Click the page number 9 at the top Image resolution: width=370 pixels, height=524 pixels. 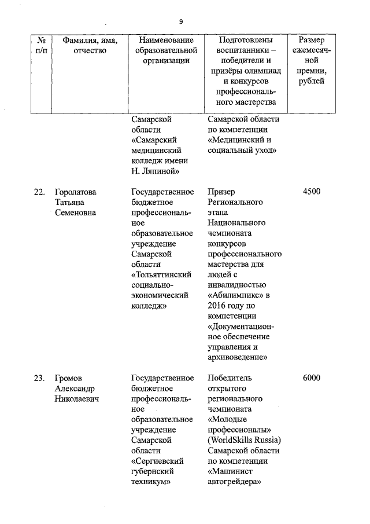[181, 21]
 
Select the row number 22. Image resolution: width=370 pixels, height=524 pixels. [39, 192]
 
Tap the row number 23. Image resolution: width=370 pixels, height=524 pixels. [39, 379]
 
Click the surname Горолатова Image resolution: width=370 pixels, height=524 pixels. [76, 192]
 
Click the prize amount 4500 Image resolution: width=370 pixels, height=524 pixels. [312, 192]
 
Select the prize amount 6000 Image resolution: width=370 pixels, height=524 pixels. [312, 379]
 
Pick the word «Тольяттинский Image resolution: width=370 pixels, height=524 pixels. [161, 274]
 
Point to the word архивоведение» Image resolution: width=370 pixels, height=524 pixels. [237, 358]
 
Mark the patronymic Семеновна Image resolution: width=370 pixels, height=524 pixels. [76, 213]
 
